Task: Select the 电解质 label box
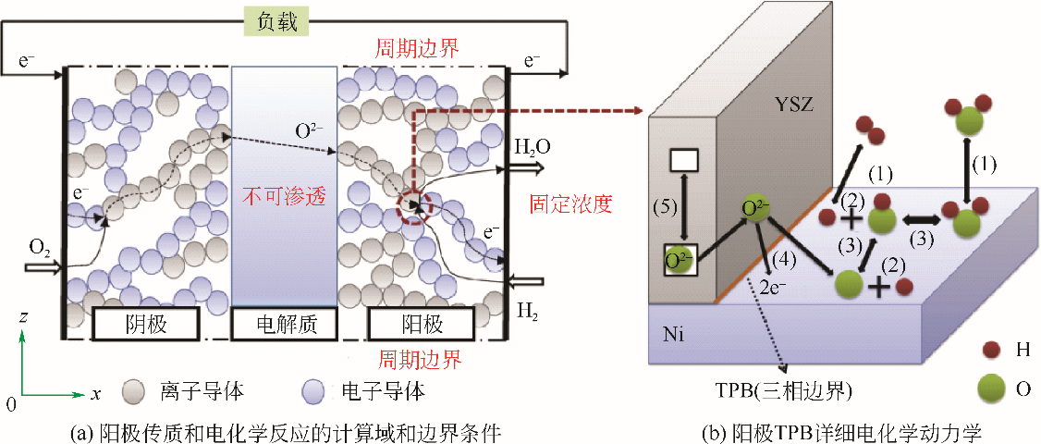284,324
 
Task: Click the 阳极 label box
420,324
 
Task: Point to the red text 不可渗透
284,196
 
